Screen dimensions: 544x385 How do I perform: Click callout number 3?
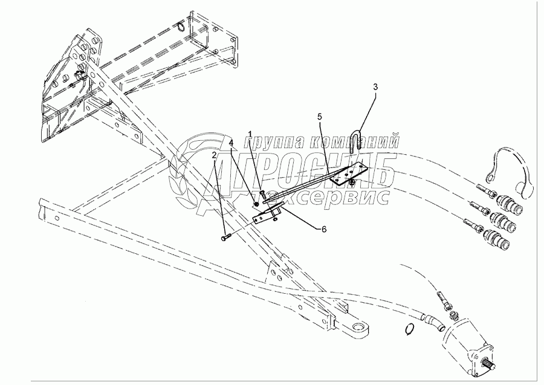click(375, 87)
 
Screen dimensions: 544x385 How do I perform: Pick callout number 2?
click(214, 155)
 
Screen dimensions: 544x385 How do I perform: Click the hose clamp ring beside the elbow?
click(410, 329)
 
